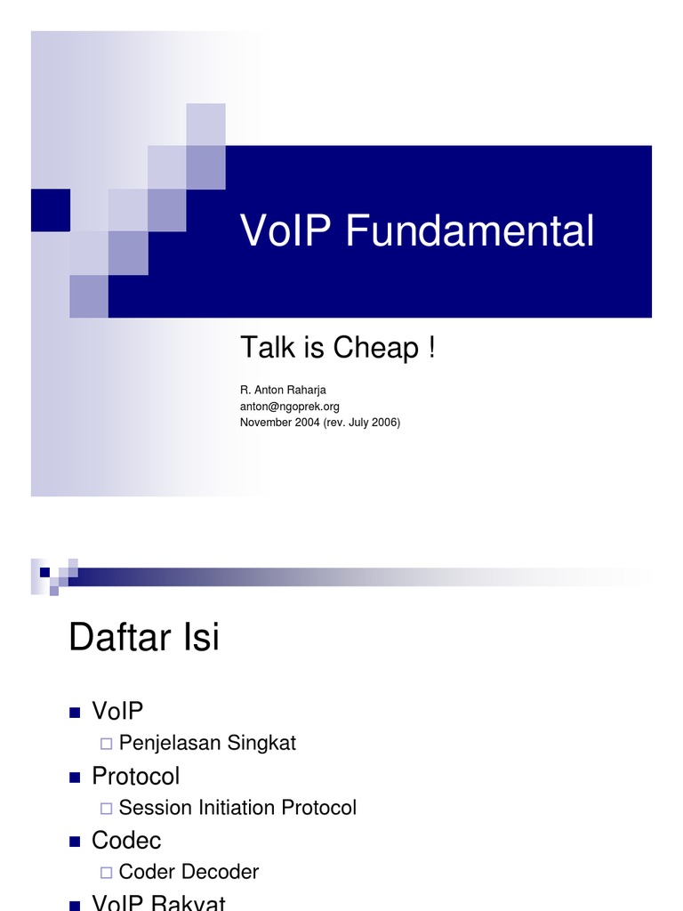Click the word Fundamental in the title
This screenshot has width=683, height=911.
pos(470,231)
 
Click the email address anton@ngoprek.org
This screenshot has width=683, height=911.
pos(290,406)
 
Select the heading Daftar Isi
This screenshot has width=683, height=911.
pos(144,638)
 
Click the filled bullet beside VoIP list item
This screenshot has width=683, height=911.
pos(75,713)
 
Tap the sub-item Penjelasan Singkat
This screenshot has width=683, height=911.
pos(207,743)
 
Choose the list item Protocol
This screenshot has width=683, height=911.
pos(135,776)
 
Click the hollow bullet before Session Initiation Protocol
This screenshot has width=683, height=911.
pos(106,808)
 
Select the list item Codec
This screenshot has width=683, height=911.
pos(126,840)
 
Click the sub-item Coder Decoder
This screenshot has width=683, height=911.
pos(189,872)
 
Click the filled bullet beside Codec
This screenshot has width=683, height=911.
pos(75,841)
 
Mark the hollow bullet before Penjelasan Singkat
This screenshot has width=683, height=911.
pos(106,744)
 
